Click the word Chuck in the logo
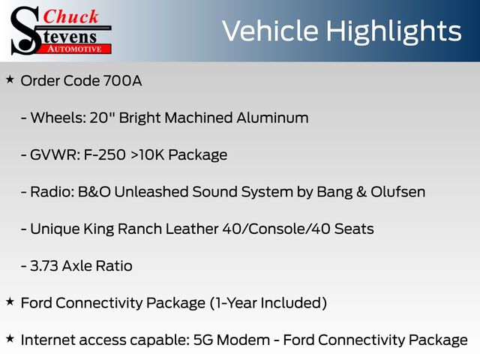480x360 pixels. click(x=70, y=16)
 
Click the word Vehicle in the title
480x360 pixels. click(x=270, y=31)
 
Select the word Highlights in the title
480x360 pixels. click(x=394, y=32)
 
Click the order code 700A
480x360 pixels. click(x=122, y=81)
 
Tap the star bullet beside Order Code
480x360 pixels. click(x=10, y=80)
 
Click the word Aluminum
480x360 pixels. click(x=272, y=118)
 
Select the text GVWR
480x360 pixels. click(x=55, y=155)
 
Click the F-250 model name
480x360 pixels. click(x=105, y=155)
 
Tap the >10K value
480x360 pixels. click(x=148, y=155)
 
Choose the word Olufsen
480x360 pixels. click(x=398, y=192)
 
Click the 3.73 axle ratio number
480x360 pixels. click(x=44, y=266)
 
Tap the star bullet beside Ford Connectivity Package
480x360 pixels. click(x=10, y=301)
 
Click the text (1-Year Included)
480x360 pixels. click(x=268, y=303)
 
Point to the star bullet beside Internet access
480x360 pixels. click(x=10, y=339)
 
